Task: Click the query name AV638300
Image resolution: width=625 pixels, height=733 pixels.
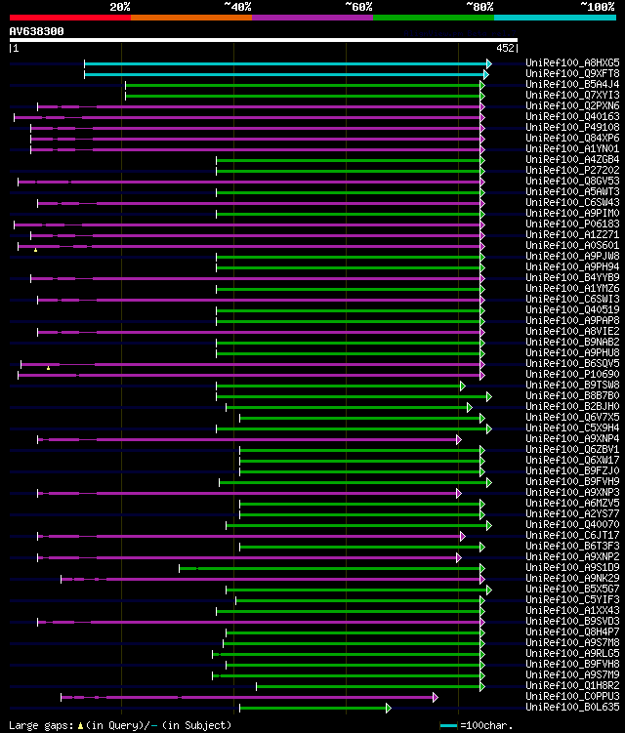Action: point(37,31)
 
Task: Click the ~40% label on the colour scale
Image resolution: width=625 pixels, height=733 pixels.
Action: point(237,6)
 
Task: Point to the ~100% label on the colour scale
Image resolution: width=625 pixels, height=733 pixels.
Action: point(597,6)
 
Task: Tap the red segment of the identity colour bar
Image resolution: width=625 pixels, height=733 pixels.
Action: point(69,17)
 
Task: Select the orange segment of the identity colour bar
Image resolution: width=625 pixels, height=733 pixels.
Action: point(190,17)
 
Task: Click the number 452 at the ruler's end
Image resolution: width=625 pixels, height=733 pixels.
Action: point(506,47)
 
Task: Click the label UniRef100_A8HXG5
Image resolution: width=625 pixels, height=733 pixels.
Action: point(572,62)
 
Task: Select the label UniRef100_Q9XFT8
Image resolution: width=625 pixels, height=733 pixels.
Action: point(572,73)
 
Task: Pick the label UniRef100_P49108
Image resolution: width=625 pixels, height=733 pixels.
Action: point(572,127)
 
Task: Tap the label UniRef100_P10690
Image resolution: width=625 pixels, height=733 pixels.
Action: point(572,374)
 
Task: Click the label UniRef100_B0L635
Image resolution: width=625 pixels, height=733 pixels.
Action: point(572,707)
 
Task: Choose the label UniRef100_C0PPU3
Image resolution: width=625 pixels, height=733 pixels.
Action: point(572,696)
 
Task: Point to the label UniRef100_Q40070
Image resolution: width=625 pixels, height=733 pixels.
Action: point(572,524)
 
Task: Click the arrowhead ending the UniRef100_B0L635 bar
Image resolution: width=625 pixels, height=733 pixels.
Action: point(388,708)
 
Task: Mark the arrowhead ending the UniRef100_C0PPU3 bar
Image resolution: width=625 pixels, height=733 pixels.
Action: point(435,697)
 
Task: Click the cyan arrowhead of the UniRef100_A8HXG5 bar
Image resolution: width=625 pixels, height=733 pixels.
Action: point(488,63)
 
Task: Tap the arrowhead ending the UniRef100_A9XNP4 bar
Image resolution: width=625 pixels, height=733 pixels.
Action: point(458,439)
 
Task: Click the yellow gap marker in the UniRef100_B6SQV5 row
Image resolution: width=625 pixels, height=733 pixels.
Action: point(48,368)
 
